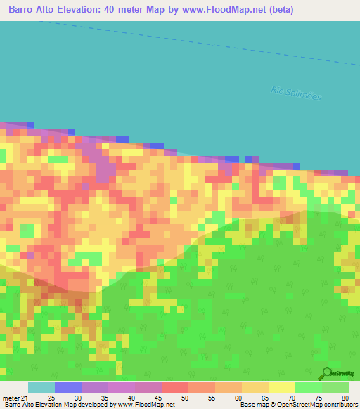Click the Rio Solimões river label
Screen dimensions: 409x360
(x=296, y=93)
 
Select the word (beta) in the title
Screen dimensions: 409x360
(x=279, y=10)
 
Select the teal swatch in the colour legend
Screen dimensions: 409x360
(x=41, y=387)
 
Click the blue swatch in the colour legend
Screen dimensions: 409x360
(x=67, y=387)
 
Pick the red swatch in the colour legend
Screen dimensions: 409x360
(x=174, y=387)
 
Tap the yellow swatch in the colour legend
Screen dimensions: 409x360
(x=281, y=387)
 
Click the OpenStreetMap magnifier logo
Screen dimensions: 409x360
(x=326, y=373)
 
